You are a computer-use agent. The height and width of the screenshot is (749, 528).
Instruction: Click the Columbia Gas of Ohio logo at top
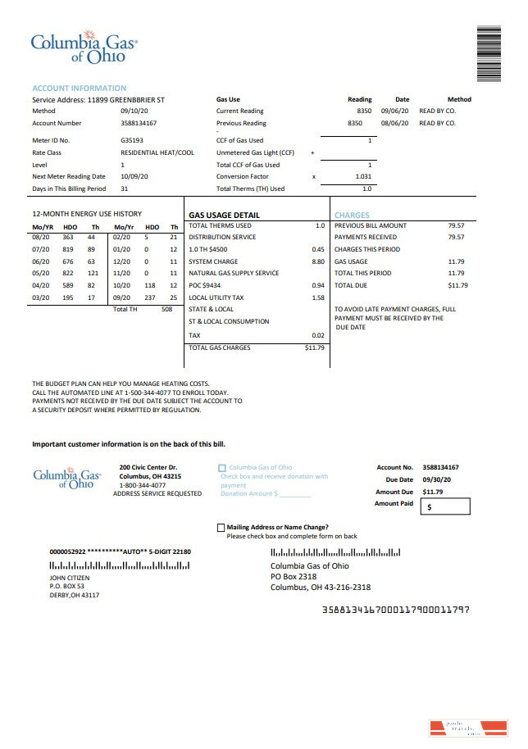coord(84,48)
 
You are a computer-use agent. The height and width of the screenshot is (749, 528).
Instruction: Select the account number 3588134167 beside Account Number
coord(139,123)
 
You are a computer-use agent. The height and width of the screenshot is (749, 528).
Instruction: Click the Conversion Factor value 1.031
coord(363,176)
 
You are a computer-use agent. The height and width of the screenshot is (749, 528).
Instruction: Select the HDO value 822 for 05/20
coord(68,273)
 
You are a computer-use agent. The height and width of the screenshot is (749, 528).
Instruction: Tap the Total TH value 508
coord(167,309)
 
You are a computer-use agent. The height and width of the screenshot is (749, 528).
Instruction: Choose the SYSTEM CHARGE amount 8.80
coord(318,261)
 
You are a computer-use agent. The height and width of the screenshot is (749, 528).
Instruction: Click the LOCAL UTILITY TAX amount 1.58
coord(318,297)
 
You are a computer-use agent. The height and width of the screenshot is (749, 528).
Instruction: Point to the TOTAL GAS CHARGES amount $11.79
coord(315,347)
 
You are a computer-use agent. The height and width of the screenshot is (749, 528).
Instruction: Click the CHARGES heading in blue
coord(352,215)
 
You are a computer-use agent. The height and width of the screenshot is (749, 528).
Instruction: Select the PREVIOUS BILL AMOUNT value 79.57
coord(456,225)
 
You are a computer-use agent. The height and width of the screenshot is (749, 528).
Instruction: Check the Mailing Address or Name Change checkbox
coord(221,528)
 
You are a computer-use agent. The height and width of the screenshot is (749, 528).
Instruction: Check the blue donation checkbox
coord(222,468)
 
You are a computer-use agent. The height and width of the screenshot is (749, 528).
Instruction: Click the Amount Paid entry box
coord(445,507)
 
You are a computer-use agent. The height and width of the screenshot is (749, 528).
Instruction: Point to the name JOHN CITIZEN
coord(70,578)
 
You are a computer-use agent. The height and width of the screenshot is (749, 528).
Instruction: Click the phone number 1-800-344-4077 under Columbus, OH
coord(143,485)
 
